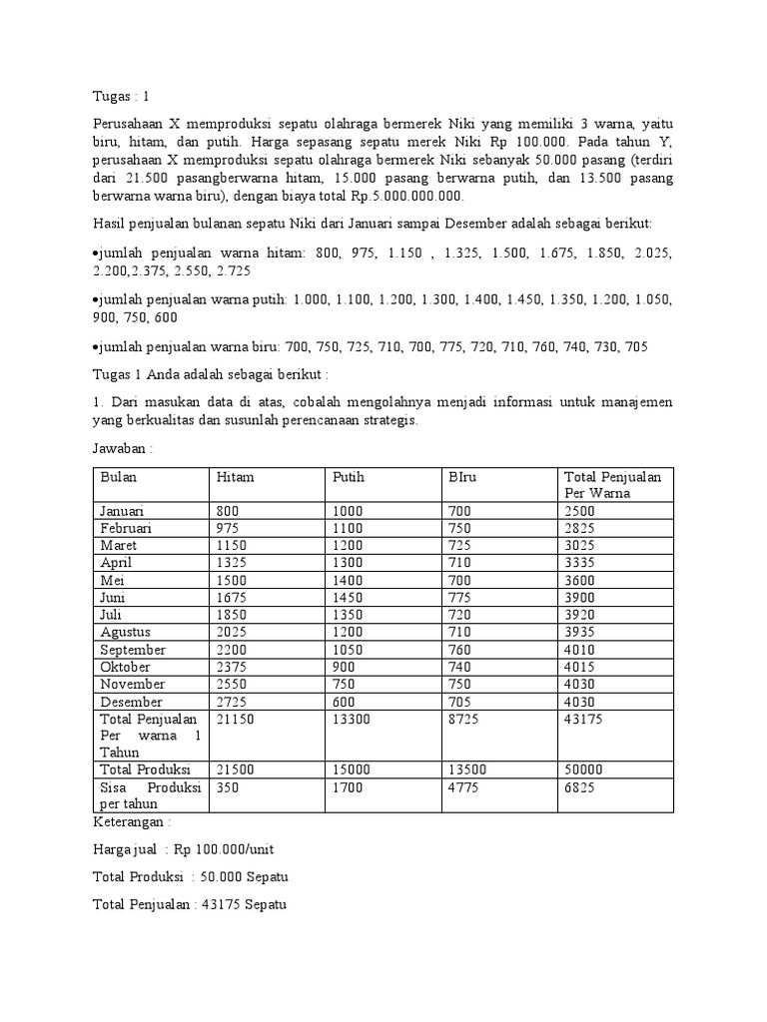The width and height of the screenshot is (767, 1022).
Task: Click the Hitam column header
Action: pos(236,477)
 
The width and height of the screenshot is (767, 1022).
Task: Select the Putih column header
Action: pos(349,477)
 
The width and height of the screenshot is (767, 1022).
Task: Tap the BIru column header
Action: pos(463,477)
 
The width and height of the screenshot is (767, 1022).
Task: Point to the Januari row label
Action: pos(123,511)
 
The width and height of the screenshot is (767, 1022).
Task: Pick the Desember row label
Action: pos(130,702)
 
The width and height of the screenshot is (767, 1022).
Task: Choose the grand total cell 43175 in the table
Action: pos(584,720)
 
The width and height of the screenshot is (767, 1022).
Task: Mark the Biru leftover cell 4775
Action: pos(464,788)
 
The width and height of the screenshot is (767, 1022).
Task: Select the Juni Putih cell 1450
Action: pos(349,597)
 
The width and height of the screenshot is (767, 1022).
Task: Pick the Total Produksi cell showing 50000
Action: pos(584,769)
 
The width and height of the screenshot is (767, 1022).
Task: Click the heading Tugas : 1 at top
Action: pos(119,97)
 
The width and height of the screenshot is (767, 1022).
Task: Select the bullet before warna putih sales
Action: pos(95,299)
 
